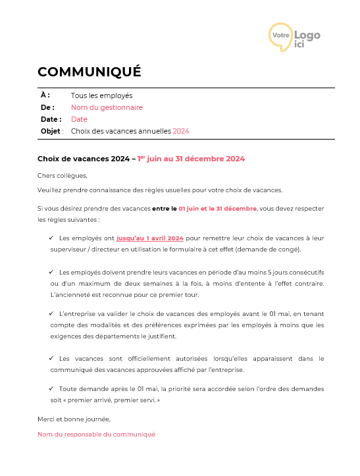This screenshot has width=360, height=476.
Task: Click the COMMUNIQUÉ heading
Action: pos(90,72)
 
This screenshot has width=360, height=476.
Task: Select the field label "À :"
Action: pos(45,95)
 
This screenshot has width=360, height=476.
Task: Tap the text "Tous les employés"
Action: pos(101,95)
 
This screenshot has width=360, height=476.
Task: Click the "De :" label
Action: pos(47,107)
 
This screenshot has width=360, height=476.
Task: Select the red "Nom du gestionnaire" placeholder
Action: pos(107,107)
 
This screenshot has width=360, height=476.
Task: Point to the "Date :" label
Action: pos(51,119)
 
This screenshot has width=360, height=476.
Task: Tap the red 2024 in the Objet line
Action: pos(181,131)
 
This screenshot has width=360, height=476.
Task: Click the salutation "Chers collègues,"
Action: pos(62,175)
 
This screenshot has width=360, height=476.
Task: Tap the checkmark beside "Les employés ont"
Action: pos(51,238)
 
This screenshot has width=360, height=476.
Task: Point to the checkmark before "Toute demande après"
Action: pos(51,388)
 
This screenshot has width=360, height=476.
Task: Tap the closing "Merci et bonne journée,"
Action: pos(74,419)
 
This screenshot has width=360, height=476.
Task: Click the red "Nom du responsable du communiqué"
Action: pos(96,435)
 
